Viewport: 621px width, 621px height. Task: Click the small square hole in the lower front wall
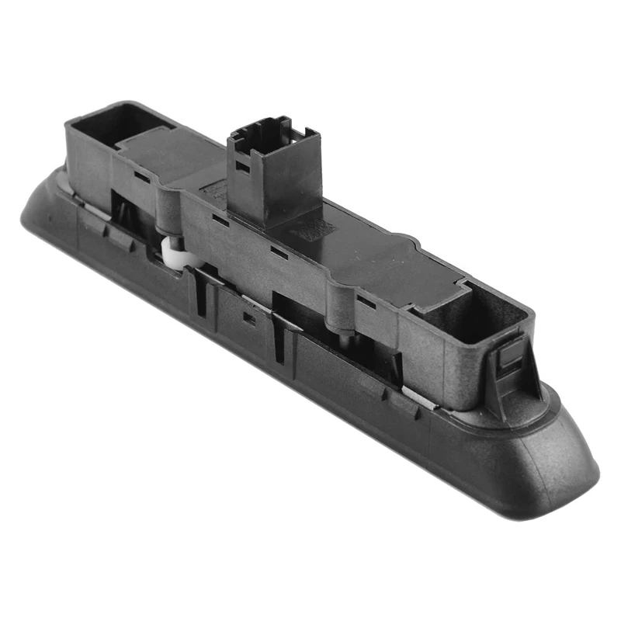tap(249, 317)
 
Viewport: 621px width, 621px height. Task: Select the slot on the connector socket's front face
tap(243, 167)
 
